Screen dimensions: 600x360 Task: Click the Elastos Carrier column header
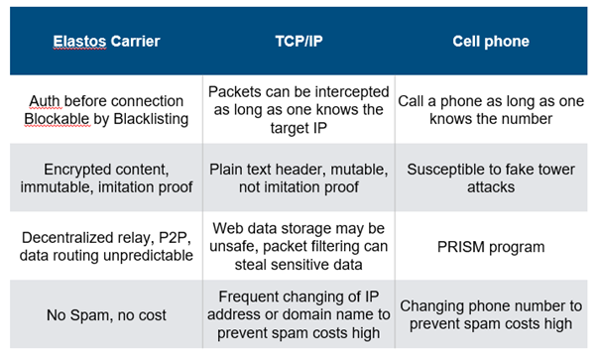106,42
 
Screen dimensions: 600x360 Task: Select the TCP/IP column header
299,41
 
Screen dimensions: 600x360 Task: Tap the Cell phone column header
491,42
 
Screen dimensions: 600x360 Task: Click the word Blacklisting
151,119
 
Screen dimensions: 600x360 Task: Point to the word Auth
45,101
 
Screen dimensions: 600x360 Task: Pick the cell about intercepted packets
299,110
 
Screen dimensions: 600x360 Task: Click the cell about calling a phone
491,110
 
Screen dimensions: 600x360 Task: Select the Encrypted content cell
106,179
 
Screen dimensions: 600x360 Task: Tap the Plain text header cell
299,179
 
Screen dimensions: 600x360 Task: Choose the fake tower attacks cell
491,179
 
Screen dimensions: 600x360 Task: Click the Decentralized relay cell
106,247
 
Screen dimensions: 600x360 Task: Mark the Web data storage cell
299,247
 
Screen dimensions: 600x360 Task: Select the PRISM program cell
491,247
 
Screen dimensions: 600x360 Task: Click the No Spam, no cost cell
106,315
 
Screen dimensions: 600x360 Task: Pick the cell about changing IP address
299,314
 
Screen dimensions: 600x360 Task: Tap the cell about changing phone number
491,314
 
